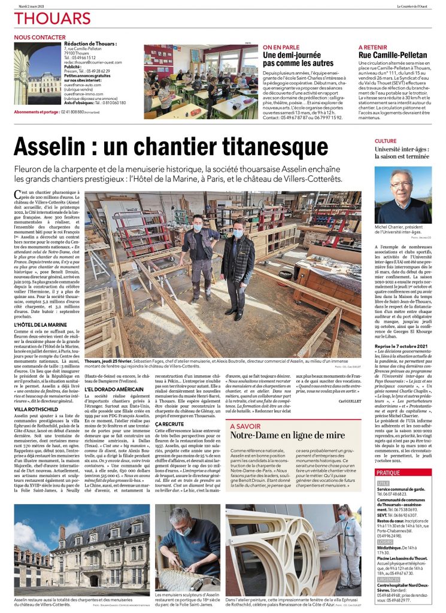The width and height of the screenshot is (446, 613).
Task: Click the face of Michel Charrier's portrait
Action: [401, 184]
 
